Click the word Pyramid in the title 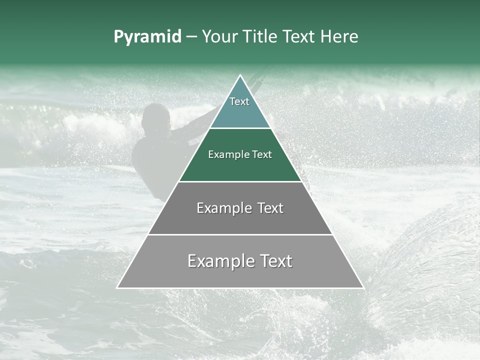click(x=147, y=37)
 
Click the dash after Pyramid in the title click(x=191, y=37)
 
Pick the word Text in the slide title click(x=299, y=37)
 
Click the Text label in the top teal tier click(x=239, y=101)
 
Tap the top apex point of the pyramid click(x=240, y=75)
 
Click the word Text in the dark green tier click(x=262, y=154)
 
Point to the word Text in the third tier click(x=270, y=208)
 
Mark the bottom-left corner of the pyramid click(x=117, y=287)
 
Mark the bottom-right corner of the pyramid click(x=363, y=287)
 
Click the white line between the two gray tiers click(x=240, y=234)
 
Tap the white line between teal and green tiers click(x=240, y=128)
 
